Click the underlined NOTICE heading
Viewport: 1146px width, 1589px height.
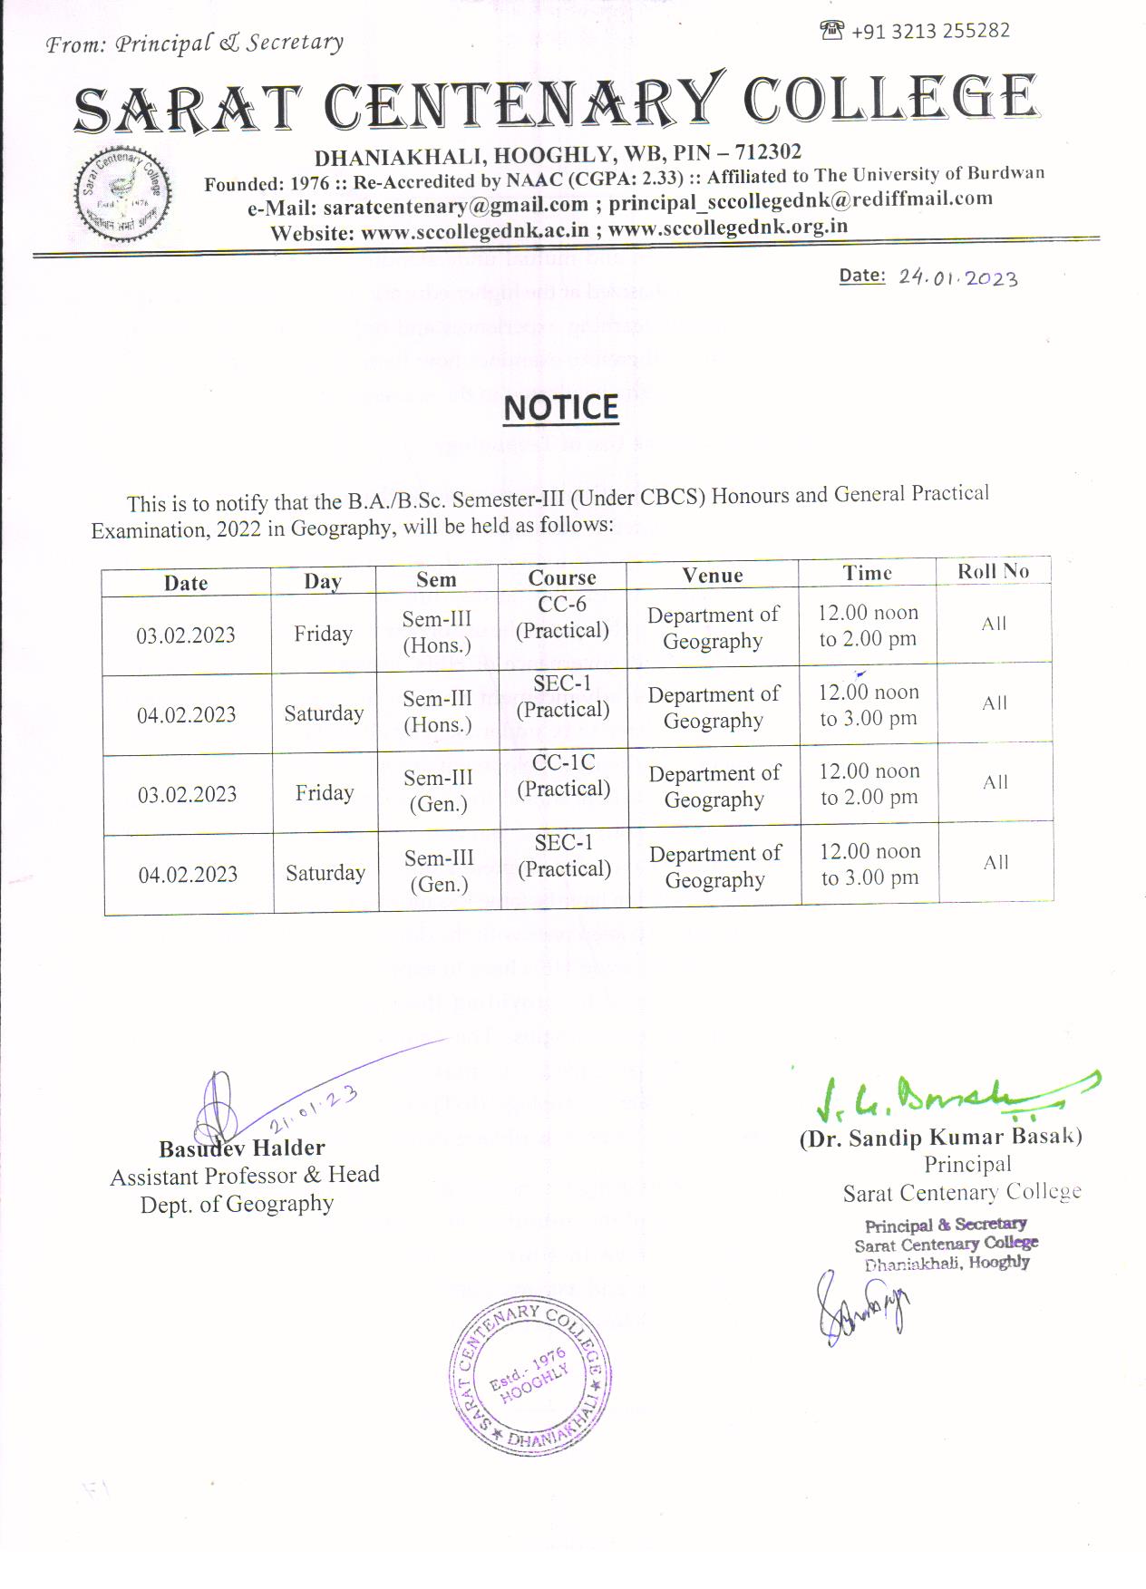point(560,408)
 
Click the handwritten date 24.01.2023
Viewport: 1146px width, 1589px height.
point(958,278)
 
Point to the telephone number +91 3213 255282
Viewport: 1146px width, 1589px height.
point(930,31)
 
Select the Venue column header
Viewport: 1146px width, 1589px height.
point(713,575)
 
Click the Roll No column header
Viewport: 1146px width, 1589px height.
point(994,571)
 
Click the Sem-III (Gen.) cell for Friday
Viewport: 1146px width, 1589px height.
point(439,791)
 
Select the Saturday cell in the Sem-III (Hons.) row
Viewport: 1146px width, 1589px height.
point(324,713)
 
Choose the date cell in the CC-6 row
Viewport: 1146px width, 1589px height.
point(186,635)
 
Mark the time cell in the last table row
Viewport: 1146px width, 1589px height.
point(870,865)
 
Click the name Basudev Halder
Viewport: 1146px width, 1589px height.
point(241,1148)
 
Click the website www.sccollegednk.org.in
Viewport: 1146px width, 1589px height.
point(728,228)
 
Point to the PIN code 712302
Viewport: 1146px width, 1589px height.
point(768,151)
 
